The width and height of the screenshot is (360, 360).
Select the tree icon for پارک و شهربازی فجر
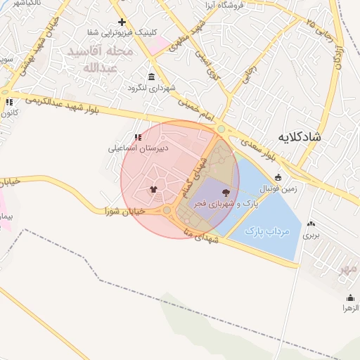[226, 192]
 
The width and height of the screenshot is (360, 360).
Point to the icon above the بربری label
[311, 224]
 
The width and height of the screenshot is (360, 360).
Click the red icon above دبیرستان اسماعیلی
[138, 137]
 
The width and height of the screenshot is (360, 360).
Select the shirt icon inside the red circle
[153, 188]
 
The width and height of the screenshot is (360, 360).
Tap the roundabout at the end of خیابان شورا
[167, 210]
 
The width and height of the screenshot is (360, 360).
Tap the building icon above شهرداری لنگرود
[151, 77]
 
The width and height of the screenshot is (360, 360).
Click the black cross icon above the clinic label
[122, 22]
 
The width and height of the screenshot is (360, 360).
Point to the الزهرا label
[350, 308]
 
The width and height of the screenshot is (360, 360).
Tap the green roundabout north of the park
[221, 129]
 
